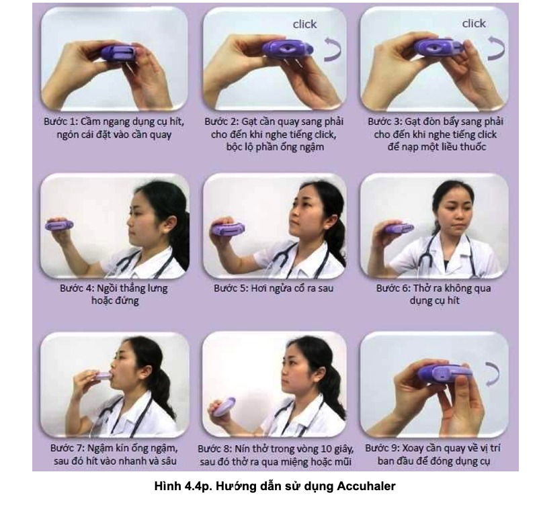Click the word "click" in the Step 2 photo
(304, 24)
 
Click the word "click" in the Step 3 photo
(474, 24)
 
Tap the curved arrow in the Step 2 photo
(333, 49)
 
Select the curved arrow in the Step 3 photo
(497, 49)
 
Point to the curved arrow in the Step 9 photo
(493, 373)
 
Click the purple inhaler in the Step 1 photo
(118, 53)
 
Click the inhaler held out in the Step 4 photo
(59, 225)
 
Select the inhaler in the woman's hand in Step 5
(229, 229)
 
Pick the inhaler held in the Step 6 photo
(399, 228)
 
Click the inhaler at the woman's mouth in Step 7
(101, 375)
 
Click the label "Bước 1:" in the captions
(61, 122)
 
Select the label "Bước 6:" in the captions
(393, 289)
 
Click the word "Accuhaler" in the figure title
(366, 486)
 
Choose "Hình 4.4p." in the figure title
(183, 486)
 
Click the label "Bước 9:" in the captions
(382, 449)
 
